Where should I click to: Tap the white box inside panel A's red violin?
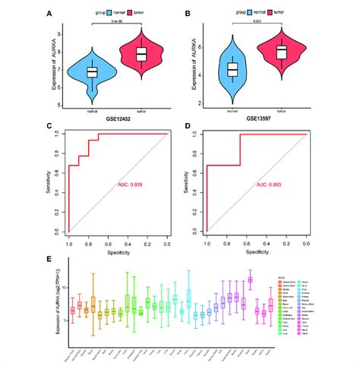pyautogui.click(x=140, y=54)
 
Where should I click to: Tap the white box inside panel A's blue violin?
pyautogui.click(x=92, y=72)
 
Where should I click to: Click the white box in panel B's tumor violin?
pyautogui.click(x=281, y=52)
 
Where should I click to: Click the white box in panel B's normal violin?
pyautogui.click(x=233, y=69)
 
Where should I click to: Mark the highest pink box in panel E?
pyautogui.click(x=250, y=279)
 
